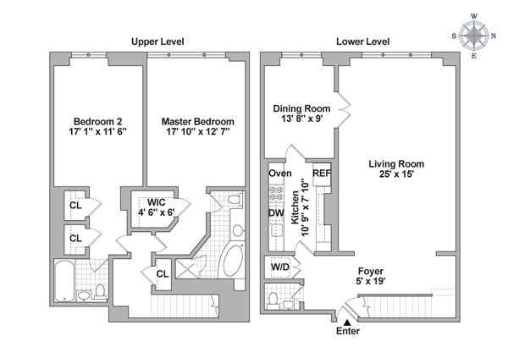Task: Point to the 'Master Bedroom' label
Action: point(196,121)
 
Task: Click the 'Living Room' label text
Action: point(396,163)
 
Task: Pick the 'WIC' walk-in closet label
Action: point(157,203)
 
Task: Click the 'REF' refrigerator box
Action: point(322,174)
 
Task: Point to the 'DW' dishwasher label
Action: point(276,212)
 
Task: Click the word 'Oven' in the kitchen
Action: point(280,174)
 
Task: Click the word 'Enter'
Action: point(348,331)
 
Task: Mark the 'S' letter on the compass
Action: point(455,36)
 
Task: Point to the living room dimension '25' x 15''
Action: point(396,175)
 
